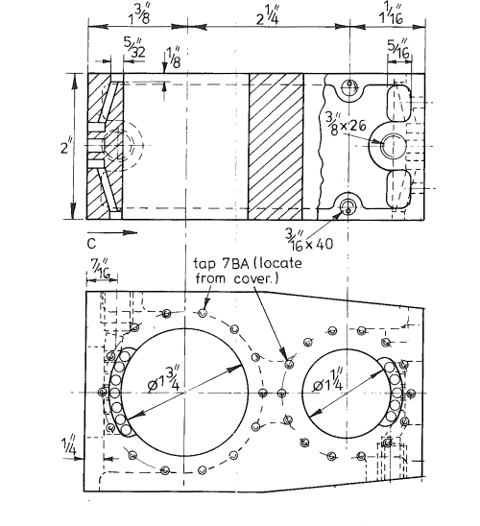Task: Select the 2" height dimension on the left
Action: (63, 149)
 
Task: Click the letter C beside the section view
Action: (89, 217)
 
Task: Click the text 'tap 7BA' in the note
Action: (210, 264)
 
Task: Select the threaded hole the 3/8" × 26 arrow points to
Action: (394, 146)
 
